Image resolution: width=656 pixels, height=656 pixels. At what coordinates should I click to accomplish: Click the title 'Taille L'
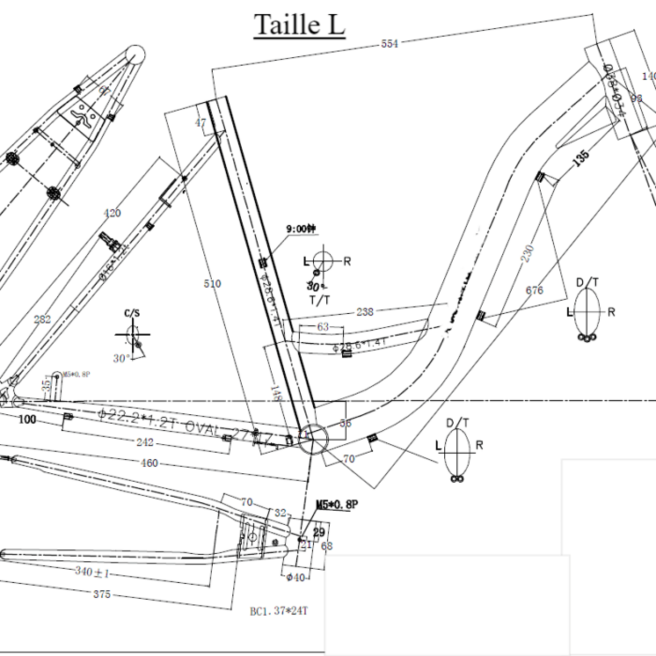point(299,25)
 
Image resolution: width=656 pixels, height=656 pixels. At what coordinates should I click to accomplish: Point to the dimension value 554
point(389,44)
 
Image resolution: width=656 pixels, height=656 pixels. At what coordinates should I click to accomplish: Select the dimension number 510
point(212,284)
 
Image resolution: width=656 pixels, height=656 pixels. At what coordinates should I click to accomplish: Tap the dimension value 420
point(112,213)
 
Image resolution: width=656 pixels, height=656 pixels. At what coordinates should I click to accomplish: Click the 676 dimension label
point(534,290)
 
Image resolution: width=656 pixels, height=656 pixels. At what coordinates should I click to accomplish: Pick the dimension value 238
point(365,312)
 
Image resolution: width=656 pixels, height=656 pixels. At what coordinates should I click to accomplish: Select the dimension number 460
point(149,463)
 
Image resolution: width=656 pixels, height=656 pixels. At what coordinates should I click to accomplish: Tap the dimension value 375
point(102,594)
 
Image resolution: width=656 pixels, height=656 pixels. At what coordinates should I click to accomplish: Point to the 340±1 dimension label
point(93,572)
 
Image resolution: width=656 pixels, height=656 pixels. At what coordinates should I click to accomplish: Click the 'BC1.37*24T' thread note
point(279,611)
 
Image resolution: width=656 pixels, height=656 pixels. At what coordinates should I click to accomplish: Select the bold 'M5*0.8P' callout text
point(337,504)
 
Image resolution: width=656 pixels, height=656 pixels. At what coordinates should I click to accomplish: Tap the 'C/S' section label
point(132,313)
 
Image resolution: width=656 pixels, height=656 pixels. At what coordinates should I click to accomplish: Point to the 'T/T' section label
point(320,300)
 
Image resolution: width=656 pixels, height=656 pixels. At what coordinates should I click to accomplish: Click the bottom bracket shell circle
point(314,438)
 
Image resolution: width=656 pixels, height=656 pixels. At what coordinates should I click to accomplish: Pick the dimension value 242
point(144,442)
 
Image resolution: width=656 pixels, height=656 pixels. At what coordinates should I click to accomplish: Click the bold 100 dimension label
point(27,419)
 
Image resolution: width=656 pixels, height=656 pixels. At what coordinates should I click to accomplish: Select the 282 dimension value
point(42,319)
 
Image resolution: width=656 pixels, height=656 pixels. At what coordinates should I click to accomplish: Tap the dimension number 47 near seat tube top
point(201,123)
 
